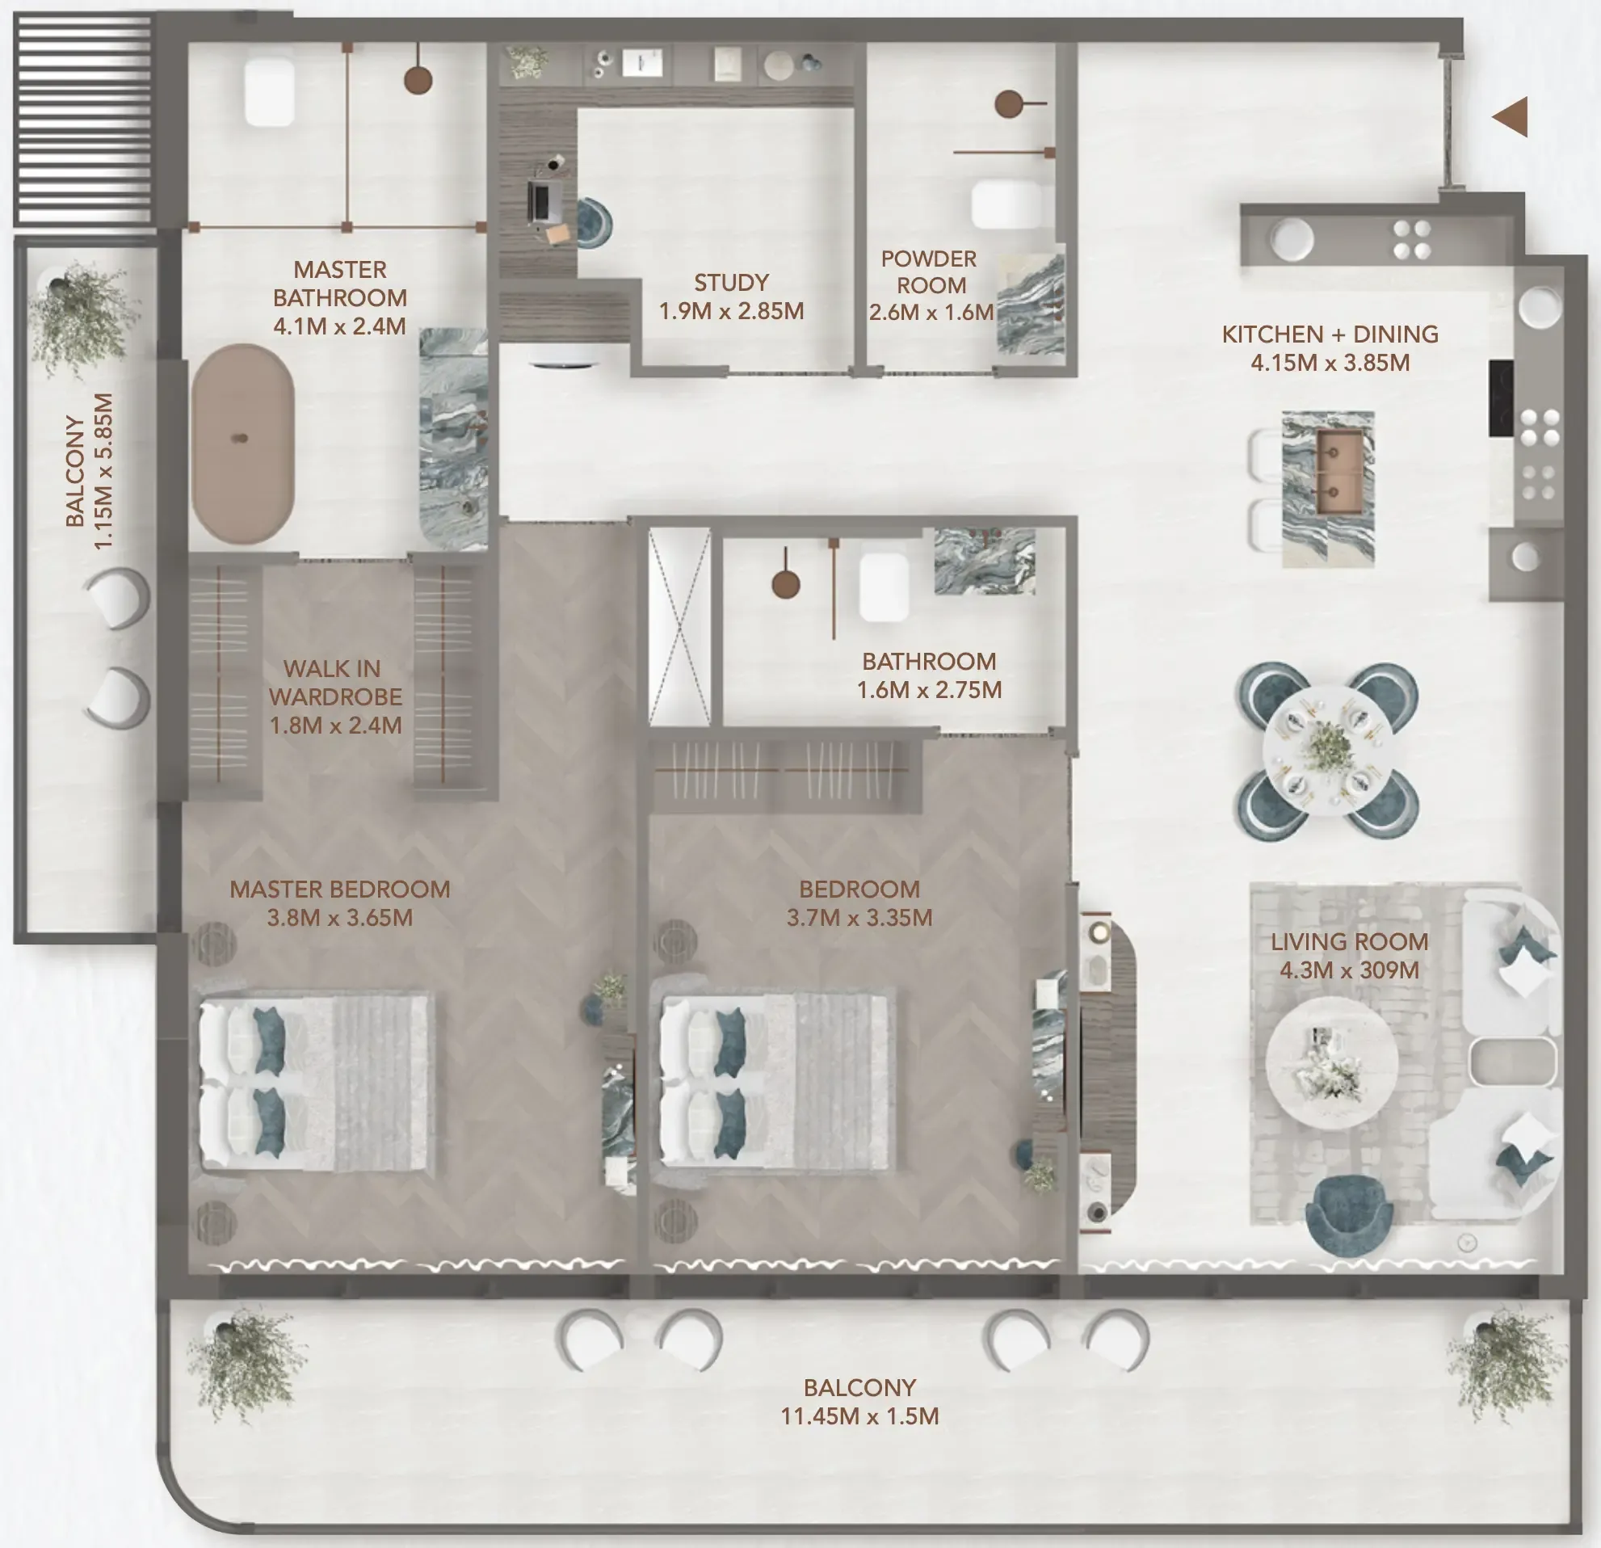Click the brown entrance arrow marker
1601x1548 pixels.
pyautogui.click(x=1511, y=117)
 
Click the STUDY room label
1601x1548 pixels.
pyautogui.click(x=731, y=283)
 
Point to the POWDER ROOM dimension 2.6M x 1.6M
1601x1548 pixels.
pyautogui.click(x=931, y=312)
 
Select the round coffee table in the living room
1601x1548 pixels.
pyautogui.click(x=1330, y=1062)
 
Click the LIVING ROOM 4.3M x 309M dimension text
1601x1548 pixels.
pyautogui.click(x=1349, y=970)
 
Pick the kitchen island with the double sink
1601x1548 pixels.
pyautogui.click(x=1328, y=489)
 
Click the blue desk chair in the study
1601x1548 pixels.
pyautogui.click(x=594, y=222)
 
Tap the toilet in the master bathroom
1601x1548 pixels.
pyautogui.click(x=270, y=91)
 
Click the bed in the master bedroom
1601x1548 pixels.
pyautogui.click(x=314, y=1083)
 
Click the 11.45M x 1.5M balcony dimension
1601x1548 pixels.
pyautogui.click(x=859, y=1415)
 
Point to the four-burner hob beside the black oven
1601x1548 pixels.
pyautogui.click(x=1539, y=427)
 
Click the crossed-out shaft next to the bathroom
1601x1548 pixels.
pyautogui.click(x=679, y=626)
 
